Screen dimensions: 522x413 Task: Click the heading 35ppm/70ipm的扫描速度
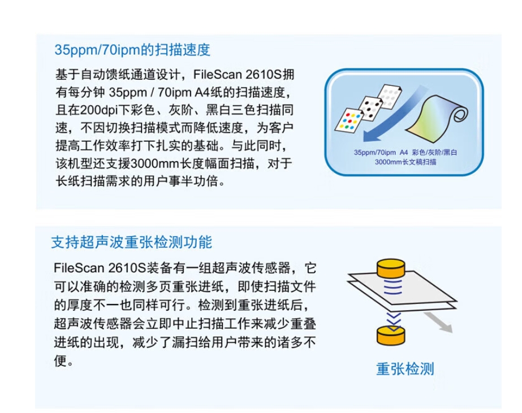[132, 50]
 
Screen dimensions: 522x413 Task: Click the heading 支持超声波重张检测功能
[132, 242]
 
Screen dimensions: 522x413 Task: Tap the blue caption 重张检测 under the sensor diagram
[405, 369]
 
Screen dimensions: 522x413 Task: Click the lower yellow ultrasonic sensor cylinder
[391, 335]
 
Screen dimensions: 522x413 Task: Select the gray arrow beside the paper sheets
[438, 322]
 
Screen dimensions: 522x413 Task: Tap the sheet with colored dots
[349, 120]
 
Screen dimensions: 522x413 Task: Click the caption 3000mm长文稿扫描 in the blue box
[405, 162]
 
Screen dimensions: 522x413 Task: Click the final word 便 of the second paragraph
[61, 360]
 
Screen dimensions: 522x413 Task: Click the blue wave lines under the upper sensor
[393, 286]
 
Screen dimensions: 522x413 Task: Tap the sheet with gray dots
[390, 95]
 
